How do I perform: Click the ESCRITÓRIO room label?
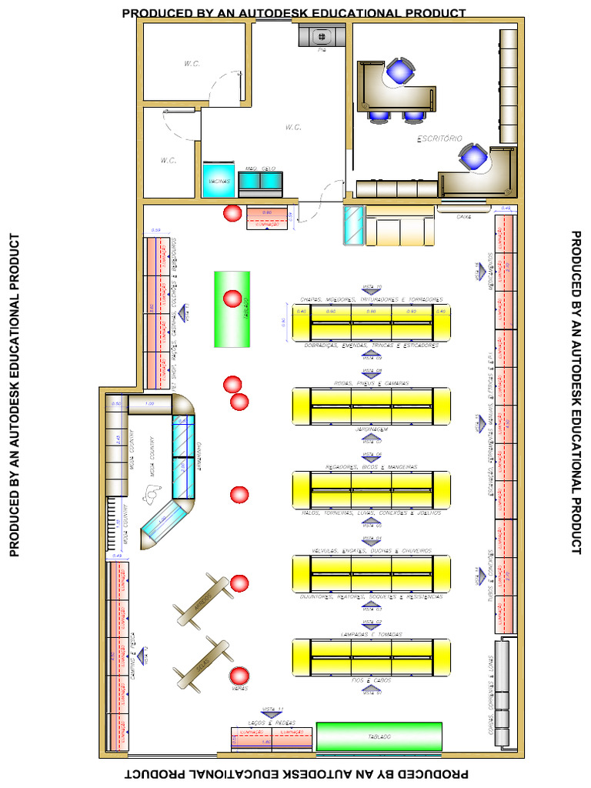(439, 139)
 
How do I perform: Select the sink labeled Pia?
(321, 35)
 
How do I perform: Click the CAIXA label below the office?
(463, 217)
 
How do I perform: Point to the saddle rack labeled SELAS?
(203, 663)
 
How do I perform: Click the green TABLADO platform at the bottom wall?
(379, 736)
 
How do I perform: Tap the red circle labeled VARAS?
(239, 676)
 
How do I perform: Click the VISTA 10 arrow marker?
(372, 289)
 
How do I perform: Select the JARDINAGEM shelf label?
(371, 429)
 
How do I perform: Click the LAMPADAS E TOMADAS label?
(371, 634)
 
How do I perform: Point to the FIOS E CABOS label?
(371, 681)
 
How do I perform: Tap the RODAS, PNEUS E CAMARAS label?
(371, 382)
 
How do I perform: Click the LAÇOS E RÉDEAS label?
(273, 723)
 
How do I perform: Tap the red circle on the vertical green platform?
(232, 299)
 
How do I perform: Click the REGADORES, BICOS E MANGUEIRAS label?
(371, 467)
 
